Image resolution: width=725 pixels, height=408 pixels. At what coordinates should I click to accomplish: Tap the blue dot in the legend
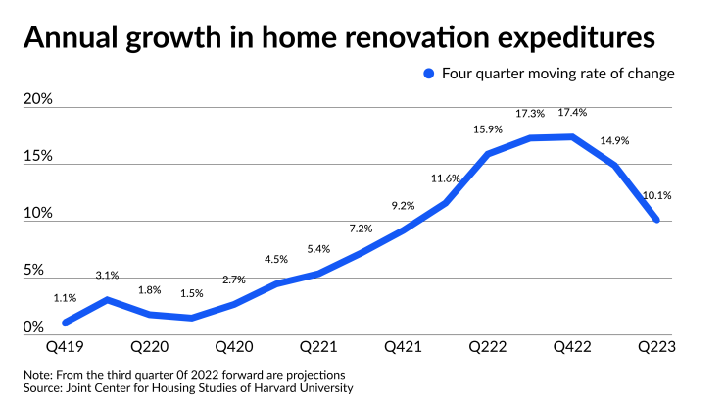pos(428,74)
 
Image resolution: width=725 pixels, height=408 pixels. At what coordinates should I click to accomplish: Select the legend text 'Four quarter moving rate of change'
pos(557,74)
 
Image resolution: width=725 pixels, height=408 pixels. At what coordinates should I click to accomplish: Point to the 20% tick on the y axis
pos(36,100)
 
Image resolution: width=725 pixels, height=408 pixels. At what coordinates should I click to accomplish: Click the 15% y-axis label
pos(36,157)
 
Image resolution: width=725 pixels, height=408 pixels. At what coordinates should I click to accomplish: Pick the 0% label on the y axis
pos(32,327)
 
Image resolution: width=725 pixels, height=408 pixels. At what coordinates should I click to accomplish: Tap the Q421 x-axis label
pos(404,346)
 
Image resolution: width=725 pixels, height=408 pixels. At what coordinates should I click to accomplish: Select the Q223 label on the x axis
pos(656,346)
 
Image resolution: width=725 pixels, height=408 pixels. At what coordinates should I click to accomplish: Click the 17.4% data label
pos(572,113)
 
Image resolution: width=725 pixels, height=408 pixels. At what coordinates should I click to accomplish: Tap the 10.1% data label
pos(655,196)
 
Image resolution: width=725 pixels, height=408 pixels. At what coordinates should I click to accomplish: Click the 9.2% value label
pos(404,206)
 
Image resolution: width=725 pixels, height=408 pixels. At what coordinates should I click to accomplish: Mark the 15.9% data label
pos(488,129)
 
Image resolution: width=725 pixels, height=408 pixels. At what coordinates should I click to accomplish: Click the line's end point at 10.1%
pos(655,220)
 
